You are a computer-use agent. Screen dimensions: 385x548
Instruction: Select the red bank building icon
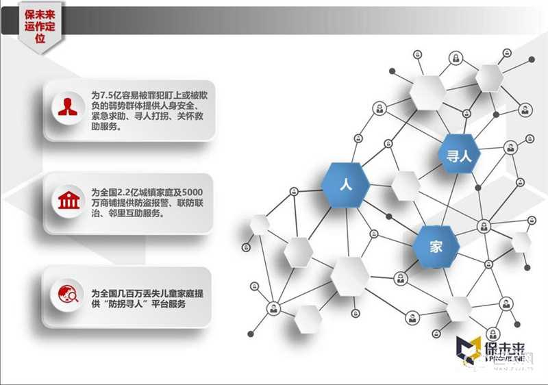67,199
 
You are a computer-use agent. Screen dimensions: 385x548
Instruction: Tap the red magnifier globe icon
67,293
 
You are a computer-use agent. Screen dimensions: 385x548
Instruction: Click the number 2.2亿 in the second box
127,188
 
